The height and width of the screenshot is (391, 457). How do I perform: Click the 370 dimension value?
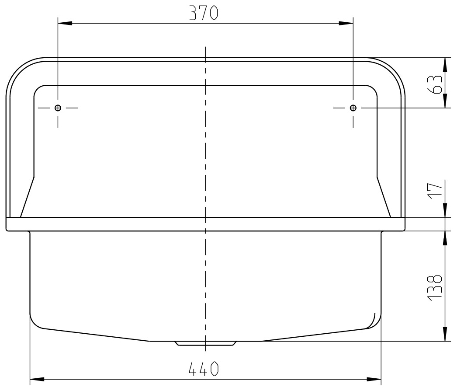[203, 14]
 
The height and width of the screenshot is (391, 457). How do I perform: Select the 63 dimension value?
[435, 83]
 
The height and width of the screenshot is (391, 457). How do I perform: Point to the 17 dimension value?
[435, 191]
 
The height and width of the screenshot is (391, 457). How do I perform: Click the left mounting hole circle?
[58, 108]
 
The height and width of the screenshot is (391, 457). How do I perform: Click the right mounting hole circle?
[353, 108]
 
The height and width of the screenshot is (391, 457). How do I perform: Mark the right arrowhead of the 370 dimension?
[346, 24]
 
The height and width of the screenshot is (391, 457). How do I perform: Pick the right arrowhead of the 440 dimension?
[375, 379]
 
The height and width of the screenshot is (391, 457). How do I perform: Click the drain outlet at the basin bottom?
[205, 343]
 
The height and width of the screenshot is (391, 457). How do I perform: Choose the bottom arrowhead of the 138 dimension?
[445, 334]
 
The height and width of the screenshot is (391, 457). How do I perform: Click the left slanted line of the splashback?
[27, 197]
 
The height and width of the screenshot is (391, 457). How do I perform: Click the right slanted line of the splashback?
[384, 197]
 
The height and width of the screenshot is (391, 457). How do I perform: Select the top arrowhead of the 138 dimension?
[445, 237]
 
